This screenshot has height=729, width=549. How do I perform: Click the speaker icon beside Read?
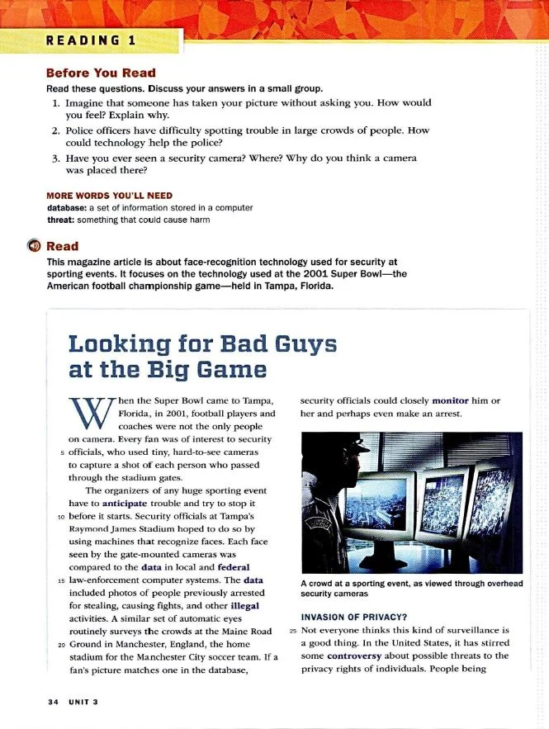(34, 246)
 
